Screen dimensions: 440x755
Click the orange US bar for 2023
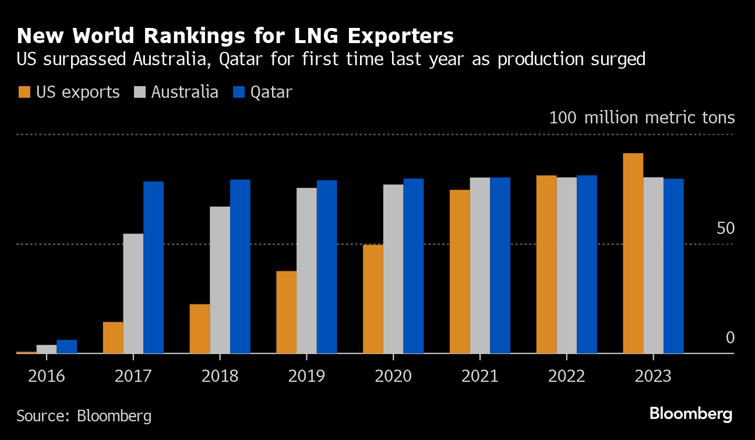point(633,253)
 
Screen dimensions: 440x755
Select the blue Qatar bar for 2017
point(154,267)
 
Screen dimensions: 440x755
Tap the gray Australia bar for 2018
point(220,280)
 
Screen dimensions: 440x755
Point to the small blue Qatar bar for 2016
point(67,346)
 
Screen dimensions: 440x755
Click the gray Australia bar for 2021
point(480,265)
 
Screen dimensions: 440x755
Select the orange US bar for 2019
point(286,312)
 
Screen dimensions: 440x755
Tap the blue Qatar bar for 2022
point(587,264)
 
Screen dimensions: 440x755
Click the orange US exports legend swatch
point(25,92)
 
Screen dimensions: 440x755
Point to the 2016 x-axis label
point(47,376)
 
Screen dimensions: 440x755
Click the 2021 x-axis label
point(480,376)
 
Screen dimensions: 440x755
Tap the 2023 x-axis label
point(653,376)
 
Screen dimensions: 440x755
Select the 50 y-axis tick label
point(726,228)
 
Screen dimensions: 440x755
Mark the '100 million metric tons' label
point(642,118)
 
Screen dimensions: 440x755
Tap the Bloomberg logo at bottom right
point(691,414)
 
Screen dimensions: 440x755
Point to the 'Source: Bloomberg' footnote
point(84,416)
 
